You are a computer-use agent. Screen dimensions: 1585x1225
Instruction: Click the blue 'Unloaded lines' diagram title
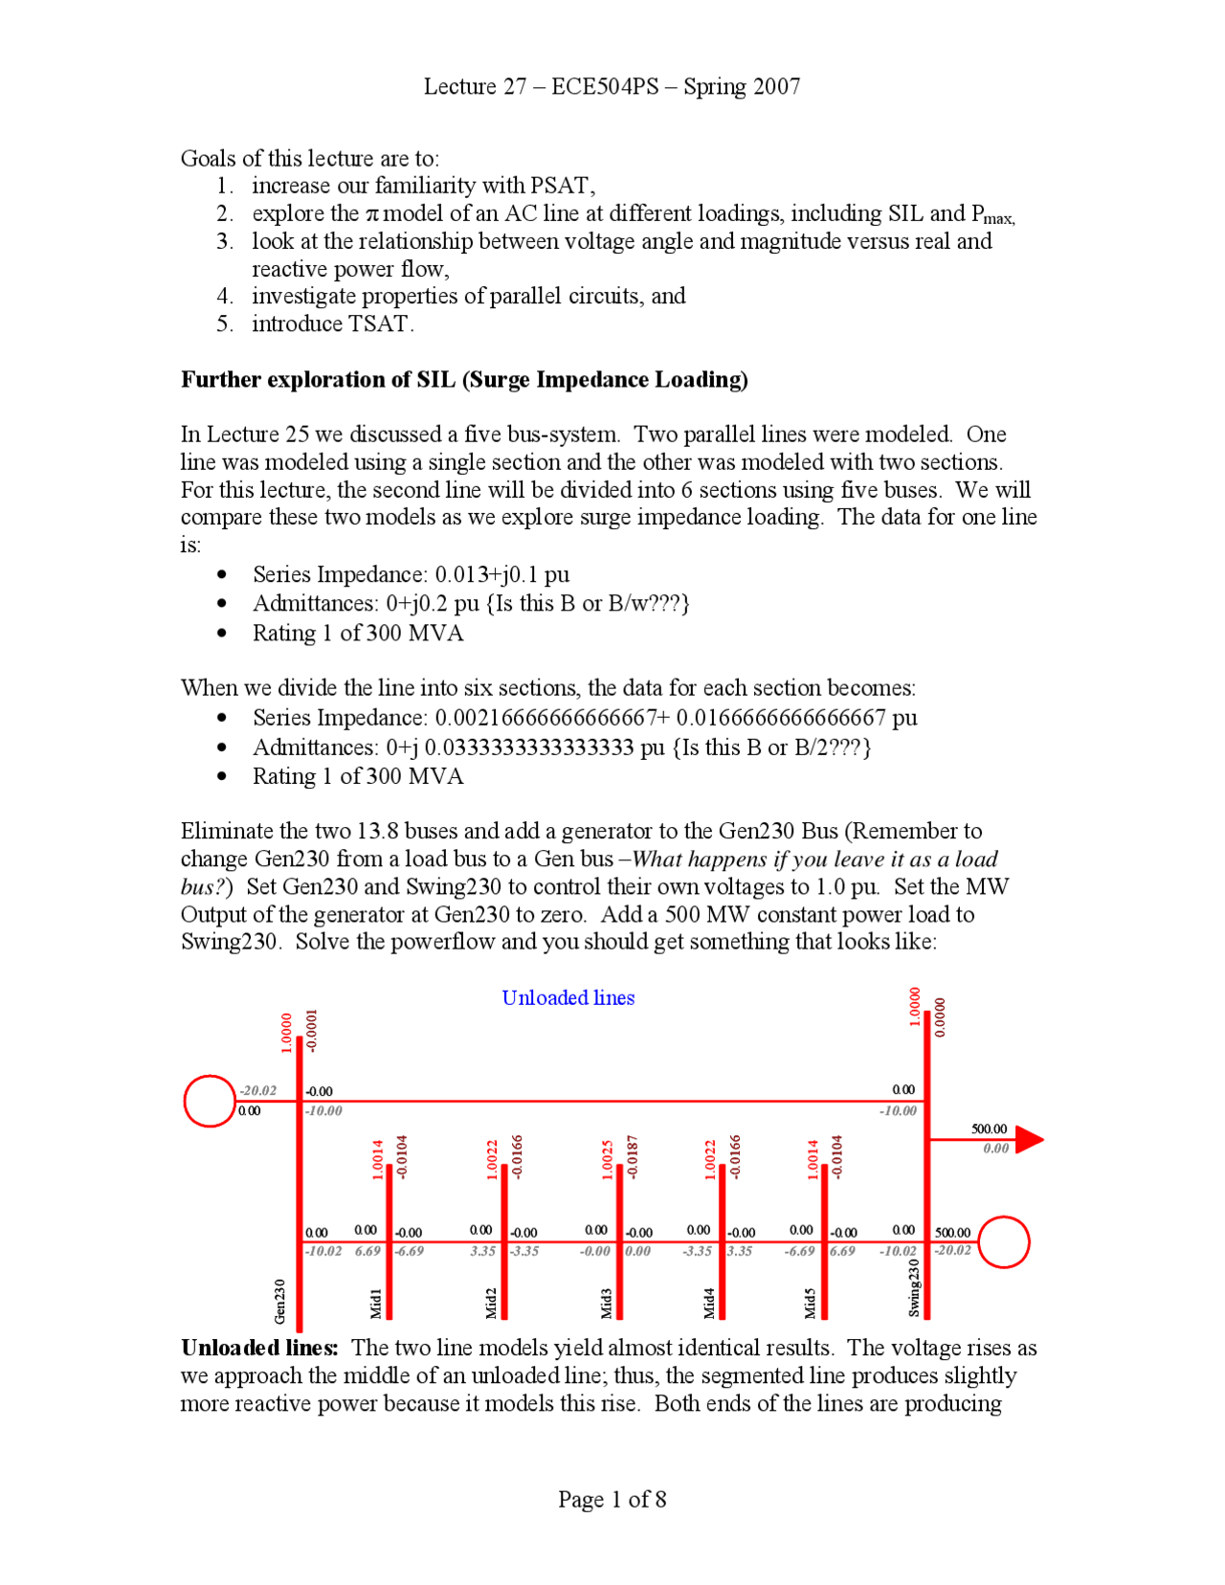tap(568, 997)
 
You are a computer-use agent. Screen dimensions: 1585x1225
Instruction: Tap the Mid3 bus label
tap(606, 1303)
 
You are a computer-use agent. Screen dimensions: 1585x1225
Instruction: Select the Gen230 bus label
tap(279, 1301)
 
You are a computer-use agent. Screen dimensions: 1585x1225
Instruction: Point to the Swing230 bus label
tap(913, 1287)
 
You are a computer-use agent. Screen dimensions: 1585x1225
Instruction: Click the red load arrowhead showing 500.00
tap(1028, 1139)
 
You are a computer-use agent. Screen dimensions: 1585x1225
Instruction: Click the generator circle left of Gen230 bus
tap(209, 1101)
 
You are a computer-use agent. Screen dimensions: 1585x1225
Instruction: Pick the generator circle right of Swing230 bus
tap(1003, 1241)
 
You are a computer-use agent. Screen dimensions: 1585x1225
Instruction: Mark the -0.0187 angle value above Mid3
tap(632, 1157)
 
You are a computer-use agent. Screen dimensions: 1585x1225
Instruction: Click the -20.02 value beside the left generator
tap(257, 1090)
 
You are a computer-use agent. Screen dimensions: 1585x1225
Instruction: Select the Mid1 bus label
tap(376, 1303)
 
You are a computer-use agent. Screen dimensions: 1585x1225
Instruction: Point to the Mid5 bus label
tap(810, 1303)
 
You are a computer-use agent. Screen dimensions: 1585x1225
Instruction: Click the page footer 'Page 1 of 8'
tap(612, 1499)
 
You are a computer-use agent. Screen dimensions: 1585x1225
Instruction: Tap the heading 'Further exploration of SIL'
tap(464, 379)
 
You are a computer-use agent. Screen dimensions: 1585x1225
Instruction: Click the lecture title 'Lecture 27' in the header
tap(475, 86)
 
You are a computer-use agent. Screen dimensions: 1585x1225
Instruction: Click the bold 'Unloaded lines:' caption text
tap(259, 1348)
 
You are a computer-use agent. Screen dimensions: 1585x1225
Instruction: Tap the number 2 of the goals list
tap(223, 213)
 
